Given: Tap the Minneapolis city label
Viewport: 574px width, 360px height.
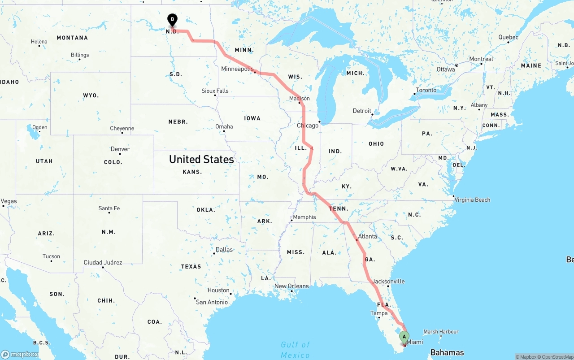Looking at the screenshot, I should (x=238, y=69).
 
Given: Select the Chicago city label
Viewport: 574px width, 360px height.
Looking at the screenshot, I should (x=308, y=126).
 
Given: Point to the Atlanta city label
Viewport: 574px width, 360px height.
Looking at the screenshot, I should (x=368, y=236).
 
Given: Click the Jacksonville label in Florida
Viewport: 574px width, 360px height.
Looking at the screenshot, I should (x=388, y=282).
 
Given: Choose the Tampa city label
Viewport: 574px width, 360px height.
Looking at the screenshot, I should (x=379, y=313).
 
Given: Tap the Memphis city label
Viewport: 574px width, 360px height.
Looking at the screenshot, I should (x=304, y=217).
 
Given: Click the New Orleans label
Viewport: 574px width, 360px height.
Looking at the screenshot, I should (x=291, y=286).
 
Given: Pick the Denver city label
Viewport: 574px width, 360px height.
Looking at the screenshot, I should (x=120, y=149).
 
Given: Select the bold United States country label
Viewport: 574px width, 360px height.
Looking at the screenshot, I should (x=201, y=159).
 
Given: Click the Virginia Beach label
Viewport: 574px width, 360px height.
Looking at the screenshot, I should (x=472, y=200).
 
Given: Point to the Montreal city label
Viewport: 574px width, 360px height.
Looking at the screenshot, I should (x=481, y=59).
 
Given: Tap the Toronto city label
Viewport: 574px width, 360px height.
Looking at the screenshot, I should (x=426, y=90).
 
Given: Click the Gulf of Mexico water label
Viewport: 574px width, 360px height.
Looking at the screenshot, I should (x=295, y=350).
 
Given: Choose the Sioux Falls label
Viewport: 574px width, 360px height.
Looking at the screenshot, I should (x=215, y=91).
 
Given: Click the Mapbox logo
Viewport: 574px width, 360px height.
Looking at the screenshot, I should (x=20, y=354).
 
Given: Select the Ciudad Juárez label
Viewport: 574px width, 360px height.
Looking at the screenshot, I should (x=103, y=262).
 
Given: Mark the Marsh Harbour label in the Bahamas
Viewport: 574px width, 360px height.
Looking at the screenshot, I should (x=441, y=332).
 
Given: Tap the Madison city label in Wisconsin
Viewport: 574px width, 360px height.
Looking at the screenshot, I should (x=299, y=98).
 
